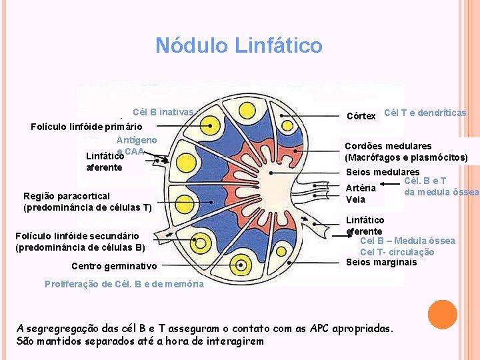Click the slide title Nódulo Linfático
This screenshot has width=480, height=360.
click(x=239, y=45)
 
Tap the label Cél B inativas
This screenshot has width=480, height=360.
click(x=163, y=112)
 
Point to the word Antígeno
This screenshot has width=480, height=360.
click(x=137, y=140)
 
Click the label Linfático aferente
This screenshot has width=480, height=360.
click(x=104, y=161)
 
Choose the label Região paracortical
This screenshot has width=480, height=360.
click(x=66, y=196)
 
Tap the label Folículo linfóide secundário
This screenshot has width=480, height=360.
click(x=77, y=235)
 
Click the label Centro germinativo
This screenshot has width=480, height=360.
click(x=114, y=266)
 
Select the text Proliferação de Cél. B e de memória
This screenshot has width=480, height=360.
click(x=124, y=283)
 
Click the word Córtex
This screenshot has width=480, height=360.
click(x=361, y=116)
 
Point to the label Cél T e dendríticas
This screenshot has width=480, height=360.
click(x=425, y=113)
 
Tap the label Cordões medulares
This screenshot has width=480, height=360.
click(x=388, y=146)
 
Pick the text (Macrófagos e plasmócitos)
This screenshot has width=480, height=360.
click(x=406, y=158)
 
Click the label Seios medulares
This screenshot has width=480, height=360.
click(x=382, y=172)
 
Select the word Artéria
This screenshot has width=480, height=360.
click(x=361, y=187)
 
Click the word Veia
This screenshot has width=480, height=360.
click(x=355, y=199)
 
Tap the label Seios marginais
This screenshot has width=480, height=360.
click(x=381, y=262)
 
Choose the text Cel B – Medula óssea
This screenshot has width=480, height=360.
click(x=407, y=241)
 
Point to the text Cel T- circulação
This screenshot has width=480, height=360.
click(x=397, y=252)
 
